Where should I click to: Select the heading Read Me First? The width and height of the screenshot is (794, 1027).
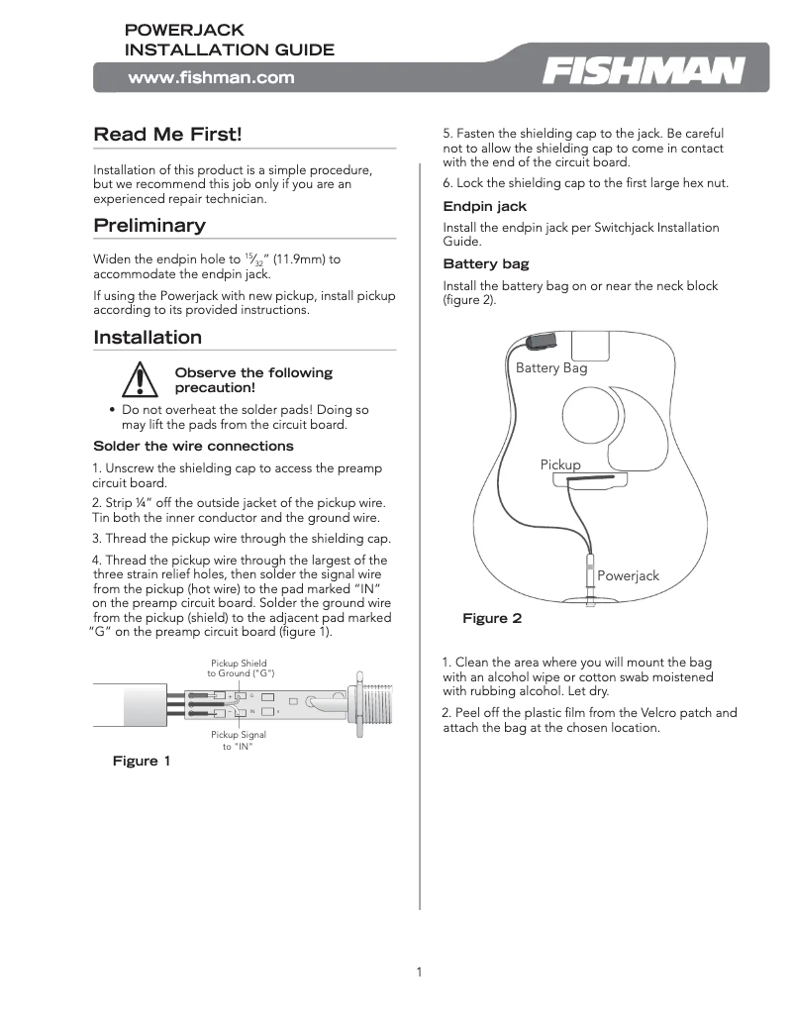[166, 134]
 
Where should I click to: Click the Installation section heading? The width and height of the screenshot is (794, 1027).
[148, 337]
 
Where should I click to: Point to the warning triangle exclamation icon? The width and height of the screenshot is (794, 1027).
[143, 381]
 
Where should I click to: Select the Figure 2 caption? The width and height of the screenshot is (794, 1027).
[492, 618]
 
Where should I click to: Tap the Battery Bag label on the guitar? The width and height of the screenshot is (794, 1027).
[551, 367]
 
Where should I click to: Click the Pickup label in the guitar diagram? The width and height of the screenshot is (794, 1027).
[560, 463]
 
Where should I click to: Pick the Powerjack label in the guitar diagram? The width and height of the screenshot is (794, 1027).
[628, 575]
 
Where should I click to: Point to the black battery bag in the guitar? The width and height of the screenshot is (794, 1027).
[542, 342]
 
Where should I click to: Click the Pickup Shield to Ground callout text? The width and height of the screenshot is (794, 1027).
[240, 668]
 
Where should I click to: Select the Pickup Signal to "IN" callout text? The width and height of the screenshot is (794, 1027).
[238, 740]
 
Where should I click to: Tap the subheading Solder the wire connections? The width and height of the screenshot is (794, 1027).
[193, 446]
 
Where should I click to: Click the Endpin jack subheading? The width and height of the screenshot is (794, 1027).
[485, 206]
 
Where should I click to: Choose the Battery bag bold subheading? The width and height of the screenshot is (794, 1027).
[486, 264]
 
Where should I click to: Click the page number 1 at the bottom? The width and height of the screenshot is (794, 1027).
[419, 972]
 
